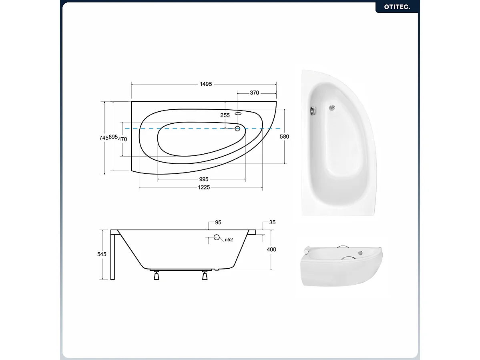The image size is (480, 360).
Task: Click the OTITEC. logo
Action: pyautogui.click(x=397, y=7)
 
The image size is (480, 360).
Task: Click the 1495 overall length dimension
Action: pyautogui.click(x=206, y=84)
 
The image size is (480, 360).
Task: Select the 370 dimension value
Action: pyautogui.click(x=254, y=93)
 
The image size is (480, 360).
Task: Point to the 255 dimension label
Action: pyautogui.click(x=225, y=115)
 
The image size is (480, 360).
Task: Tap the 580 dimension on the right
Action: pyautogui.click(x=284, y=137)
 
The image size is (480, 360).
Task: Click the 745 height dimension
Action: pyautogui.click(x=103, y=138)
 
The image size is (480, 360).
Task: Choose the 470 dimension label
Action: pyautogui.click(x=123, y=139)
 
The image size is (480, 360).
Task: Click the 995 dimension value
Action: pyautogui.click(x=203, y=179)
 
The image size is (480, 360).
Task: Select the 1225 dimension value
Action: pyautogui.click(x=204, y=187)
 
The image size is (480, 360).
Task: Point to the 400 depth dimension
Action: pyautogui.click(x=271, y=249)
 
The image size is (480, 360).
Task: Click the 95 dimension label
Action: pyautogui.click(x=218, y=222)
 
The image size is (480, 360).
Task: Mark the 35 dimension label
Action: pyautogui.click(x=272, y=222)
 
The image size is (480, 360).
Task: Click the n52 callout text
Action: pyautogui.click(x=229, y=239)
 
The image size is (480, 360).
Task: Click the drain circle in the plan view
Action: pyautogui.click(x=237, y=129)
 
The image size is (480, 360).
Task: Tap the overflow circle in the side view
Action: pyautogui.click(x=217, y=237)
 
